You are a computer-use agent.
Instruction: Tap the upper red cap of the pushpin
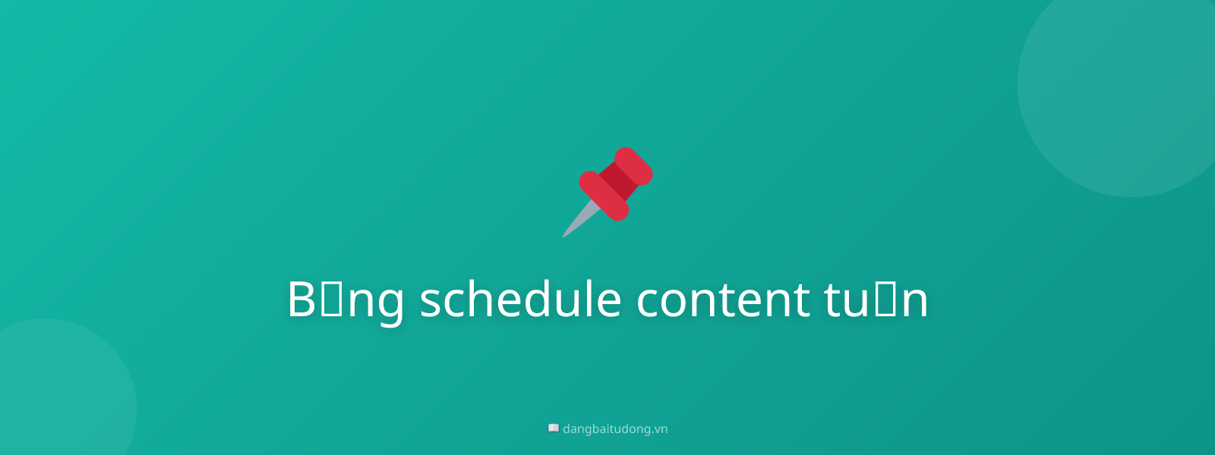633,166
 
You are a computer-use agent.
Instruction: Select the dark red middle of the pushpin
617,182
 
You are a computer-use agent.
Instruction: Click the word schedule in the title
520,300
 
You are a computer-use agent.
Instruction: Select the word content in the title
722,300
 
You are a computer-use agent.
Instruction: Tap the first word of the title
345,300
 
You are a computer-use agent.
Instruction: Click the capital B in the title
301,300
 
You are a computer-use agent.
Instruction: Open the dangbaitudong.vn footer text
614,429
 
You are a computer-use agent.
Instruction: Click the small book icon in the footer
554,428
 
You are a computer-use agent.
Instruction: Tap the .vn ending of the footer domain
660,429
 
